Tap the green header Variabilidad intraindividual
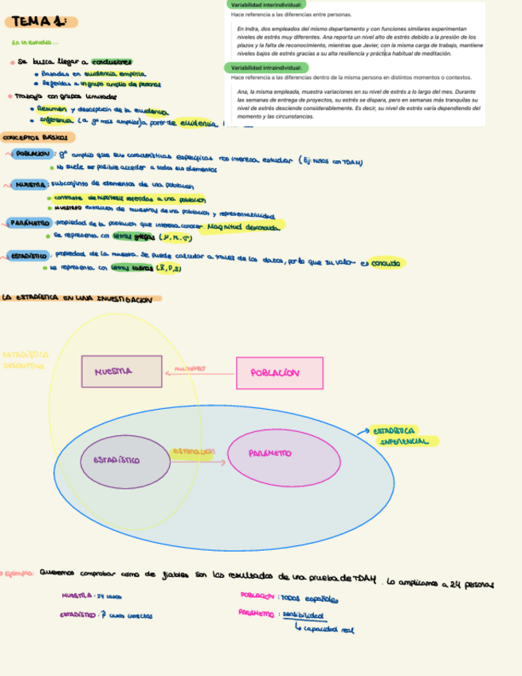[267, 68]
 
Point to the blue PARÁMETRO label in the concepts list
[29, 223]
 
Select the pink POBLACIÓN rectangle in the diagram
[279, 373]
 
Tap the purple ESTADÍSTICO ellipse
[121, 462]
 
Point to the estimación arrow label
[194, 452]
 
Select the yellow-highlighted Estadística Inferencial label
[404, 436]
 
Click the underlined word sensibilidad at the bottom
[303, 615]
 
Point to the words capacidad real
[328, 630]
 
